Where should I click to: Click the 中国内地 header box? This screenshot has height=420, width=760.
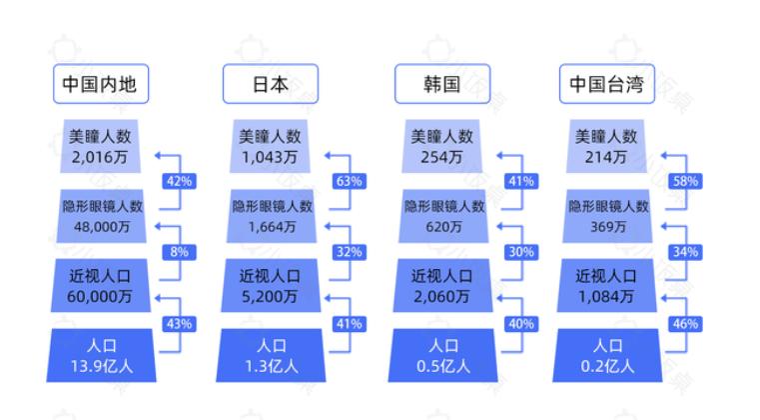101,85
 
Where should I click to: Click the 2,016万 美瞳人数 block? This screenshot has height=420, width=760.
101,147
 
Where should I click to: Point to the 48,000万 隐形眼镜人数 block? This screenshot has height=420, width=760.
101,216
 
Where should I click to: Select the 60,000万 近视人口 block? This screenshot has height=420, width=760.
101,286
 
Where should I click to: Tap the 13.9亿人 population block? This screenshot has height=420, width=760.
101,355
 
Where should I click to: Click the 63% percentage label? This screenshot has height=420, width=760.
349,182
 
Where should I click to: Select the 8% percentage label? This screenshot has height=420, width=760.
179,252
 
